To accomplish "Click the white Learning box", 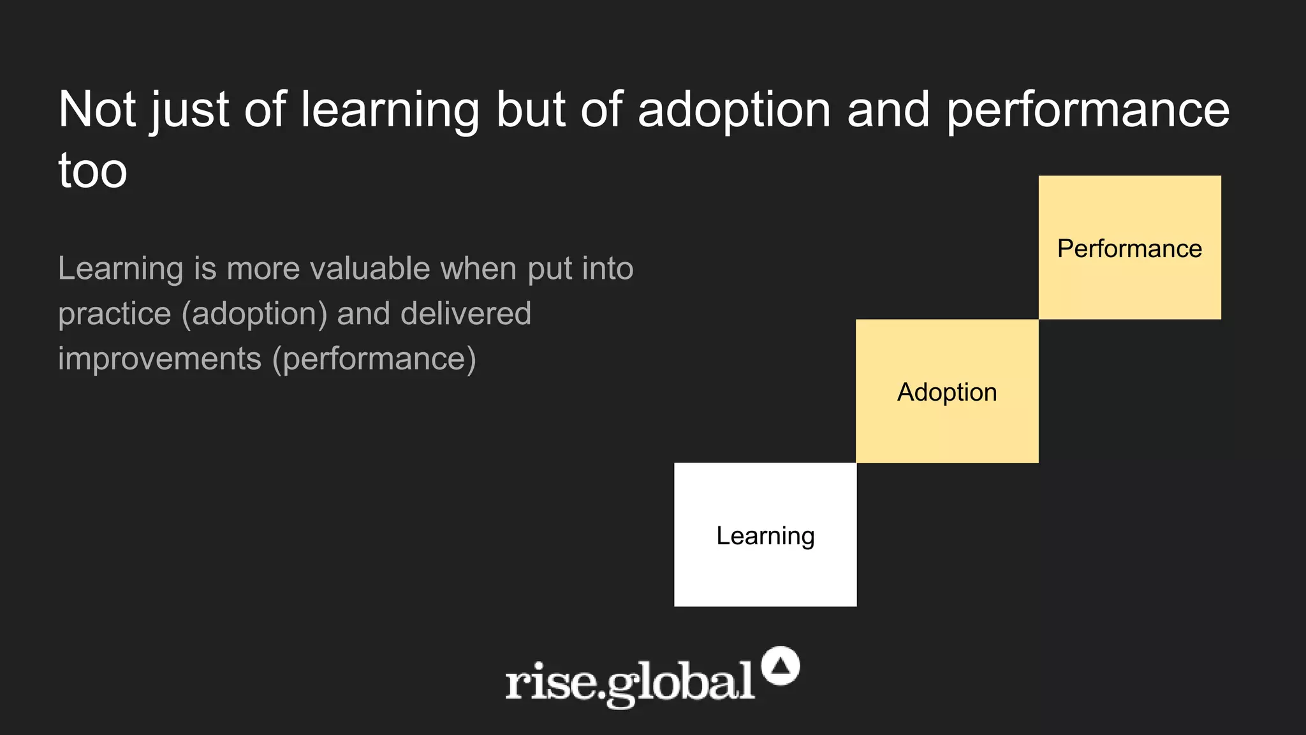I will coord(765,535).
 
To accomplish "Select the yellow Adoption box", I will coord(947,391).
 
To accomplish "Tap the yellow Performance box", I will coord(1129,248).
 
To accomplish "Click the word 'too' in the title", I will coord(92,171).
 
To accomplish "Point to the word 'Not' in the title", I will coord(97,110).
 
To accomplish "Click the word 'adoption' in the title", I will coord(734,110).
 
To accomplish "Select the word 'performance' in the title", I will coord(1088,110).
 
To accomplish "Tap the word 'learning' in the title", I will coord(390,110).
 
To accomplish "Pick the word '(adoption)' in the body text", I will coord(254,313).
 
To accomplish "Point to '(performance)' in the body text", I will coord(374,359).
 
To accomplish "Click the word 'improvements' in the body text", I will coord(159,359).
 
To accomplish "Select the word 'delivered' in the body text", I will coord(466,313).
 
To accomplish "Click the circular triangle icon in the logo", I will coord(781,666).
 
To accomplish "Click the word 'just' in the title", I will coord(189,110).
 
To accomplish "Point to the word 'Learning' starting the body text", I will coord(121,268).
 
